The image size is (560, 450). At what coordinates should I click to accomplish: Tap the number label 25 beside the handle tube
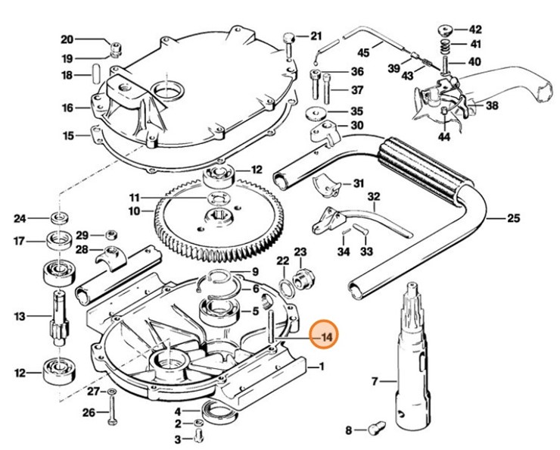(x=513, y=219)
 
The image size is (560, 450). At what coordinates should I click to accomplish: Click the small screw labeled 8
(x=377, y=430)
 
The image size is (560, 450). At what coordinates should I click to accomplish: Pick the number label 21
(x=316, y=36)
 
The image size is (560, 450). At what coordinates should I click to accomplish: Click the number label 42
(x=474, y=29)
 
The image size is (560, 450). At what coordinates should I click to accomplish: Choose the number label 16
(x=68, y=108)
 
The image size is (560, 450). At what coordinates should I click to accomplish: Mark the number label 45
(x=364, y=52)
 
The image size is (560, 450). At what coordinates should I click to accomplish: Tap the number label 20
(x=67, y=39)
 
